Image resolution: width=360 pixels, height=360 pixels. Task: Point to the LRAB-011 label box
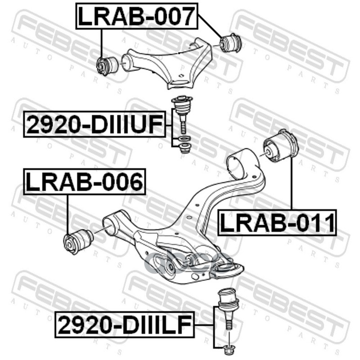click(277, 223)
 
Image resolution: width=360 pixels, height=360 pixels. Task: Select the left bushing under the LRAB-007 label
click(108, 65)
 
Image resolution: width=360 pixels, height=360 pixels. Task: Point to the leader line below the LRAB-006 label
click(67, 213)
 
